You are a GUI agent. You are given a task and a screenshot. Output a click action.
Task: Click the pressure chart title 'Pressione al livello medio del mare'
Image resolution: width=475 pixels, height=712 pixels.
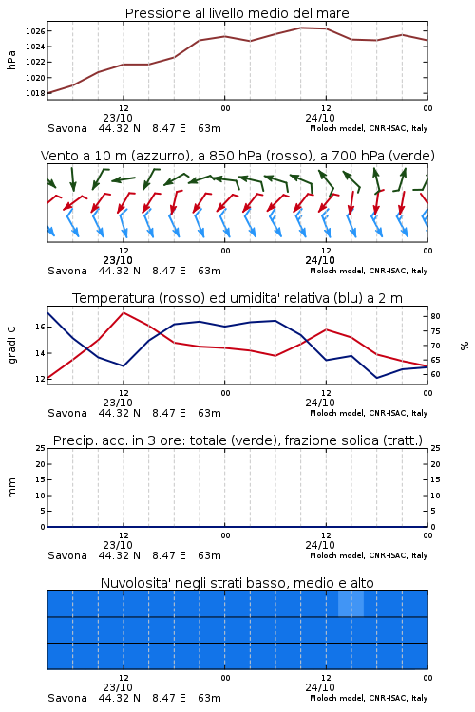[x=237, y=13]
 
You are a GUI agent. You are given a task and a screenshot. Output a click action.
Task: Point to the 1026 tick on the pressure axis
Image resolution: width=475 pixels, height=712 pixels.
[x=35, y=31]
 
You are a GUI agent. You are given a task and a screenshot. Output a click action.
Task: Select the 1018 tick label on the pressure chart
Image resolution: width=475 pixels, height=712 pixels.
[x=35, y=93]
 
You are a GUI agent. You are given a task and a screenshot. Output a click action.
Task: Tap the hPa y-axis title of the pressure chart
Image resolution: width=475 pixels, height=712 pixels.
[x=11, y=60]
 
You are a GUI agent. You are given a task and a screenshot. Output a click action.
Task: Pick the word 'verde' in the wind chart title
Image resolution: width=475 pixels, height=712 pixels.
[x=411, y=156]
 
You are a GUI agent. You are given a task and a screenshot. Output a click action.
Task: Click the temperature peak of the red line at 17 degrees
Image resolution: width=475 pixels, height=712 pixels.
[x=123, y=312]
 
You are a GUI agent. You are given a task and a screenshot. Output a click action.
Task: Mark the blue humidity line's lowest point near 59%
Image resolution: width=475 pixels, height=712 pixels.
[x=376, y=378]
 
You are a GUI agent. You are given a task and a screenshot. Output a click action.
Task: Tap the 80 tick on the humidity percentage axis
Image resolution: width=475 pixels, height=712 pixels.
[x=435, y=316]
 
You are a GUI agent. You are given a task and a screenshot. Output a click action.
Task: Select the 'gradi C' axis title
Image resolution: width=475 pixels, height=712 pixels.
[x=11, y=345]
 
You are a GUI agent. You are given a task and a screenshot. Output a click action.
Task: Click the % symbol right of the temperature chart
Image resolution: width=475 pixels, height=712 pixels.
[x=465, y=346]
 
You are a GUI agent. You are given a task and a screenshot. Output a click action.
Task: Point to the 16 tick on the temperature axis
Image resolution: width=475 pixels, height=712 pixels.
[x=40, y=327]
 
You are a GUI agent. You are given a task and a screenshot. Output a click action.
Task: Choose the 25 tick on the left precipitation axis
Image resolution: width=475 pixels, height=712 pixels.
[x=40, y=448]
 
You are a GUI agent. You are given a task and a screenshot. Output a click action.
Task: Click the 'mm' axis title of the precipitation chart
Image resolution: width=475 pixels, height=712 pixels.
[x=11, y=488]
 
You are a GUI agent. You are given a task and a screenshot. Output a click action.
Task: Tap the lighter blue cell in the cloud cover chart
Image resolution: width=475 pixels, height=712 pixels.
[x=351, y=604]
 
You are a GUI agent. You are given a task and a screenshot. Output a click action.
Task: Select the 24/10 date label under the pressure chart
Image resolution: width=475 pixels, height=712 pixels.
[x=320, y=118]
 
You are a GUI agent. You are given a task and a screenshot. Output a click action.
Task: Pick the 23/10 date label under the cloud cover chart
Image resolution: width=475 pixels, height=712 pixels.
[x=118, y=687]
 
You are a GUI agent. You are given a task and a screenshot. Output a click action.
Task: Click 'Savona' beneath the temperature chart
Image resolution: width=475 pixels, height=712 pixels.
[x=67, y=413]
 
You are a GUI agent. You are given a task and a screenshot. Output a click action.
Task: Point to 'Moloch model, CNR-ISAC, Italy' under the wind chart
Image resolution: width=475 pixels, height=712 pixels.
[x=369, y=271]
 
